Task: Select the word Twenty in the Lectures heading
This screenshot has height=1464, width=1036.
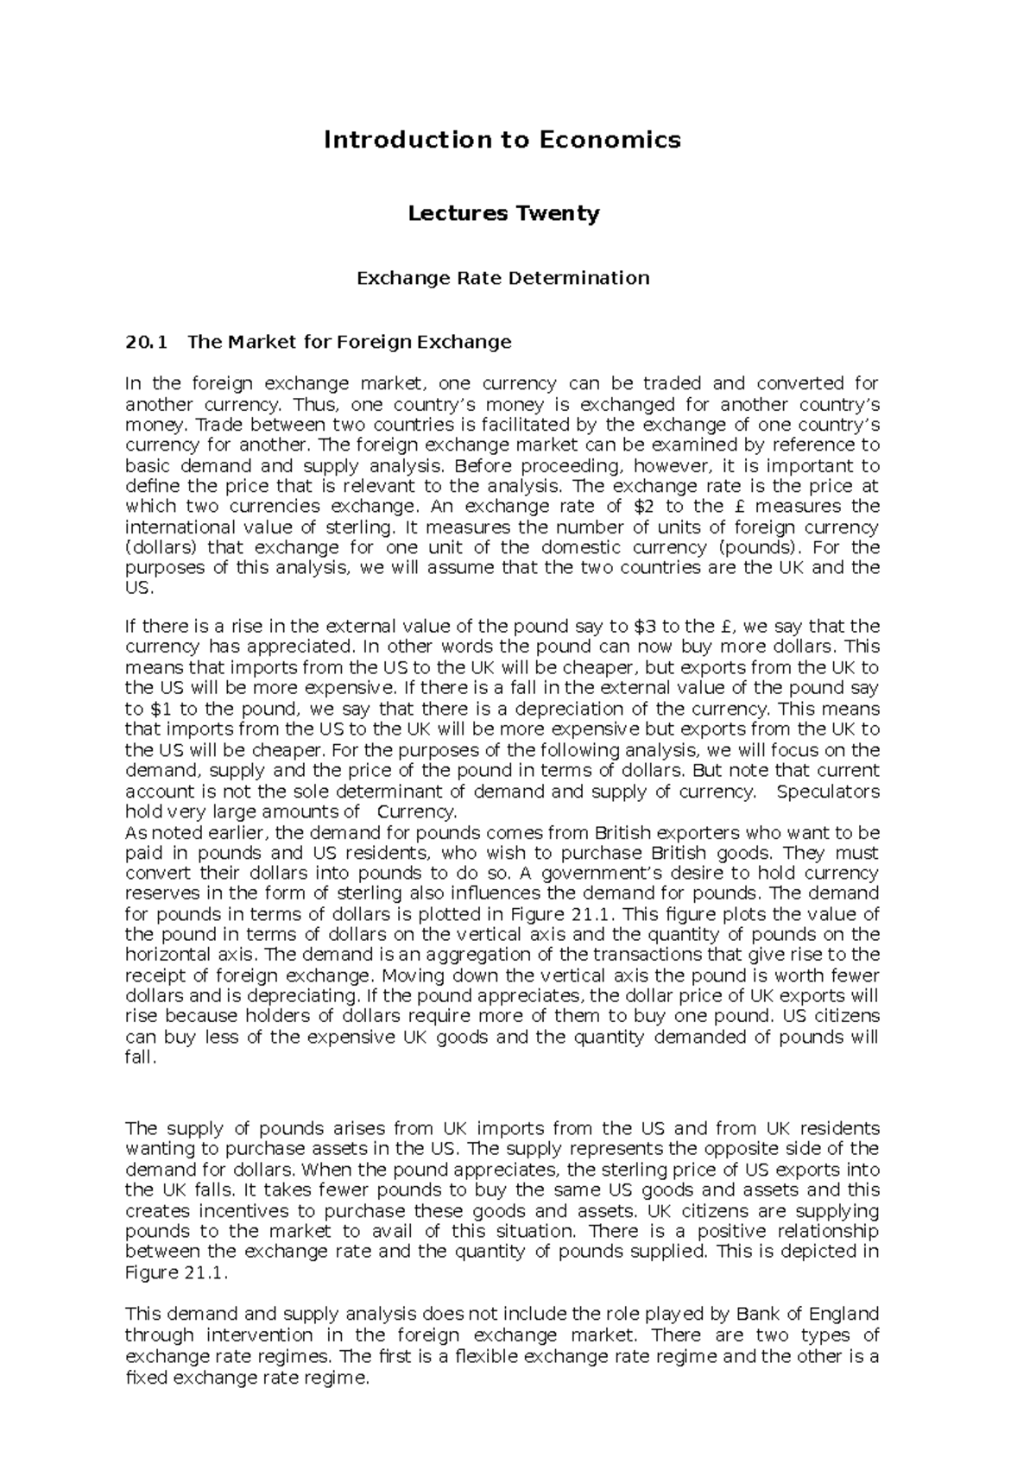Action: [559, 213]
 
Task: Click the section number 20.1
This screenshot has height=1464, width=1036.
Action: [144, 342]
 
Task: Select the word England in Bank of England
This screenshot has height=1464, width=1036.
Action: [840, 1315]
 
